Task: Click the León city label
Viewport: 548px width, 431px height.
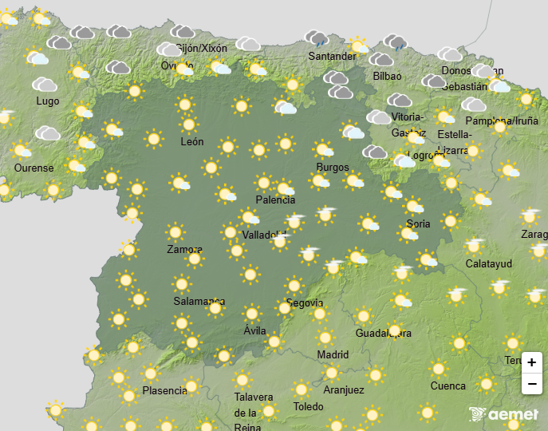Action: pos(192,142)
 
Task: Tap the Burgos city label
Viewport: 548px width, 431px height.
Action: pos(332,167)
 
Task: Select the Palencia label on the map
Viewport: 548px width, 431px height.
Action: pos(275,200)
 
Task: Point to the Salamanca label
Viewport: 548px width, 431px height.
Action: pos(199,302)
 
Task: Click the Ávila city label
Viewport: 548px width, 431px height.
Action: pos(254,330)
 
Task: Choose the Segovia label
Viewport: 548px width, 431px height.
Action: pos(305,303)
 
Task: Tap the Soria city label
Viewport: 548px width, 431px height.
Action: pos(418,224)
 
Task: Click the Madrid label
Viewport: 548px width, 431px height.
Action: pos(333,354)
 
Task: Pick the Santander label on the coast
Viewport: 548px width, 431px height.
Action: pos(333,57)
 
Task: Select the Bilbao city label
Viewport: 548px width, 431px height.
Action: pos(387,77)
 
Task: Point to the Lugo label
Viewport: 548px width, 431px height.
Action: pos(47,101)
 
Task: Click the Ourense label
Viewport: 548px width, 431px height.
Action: pos(34,168)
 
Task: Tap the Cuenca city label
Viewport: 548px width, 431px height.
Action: pos(448,386)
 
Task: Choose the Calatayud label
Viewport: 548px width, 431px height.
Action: pos(489,264)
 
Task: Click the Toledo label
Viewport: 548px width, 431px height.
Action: pos(308,406)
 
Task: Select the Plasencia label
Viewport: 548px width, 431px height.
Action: pos(165,391)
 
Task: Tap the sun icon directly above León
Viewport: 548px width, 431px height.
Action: pos(189,125)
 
